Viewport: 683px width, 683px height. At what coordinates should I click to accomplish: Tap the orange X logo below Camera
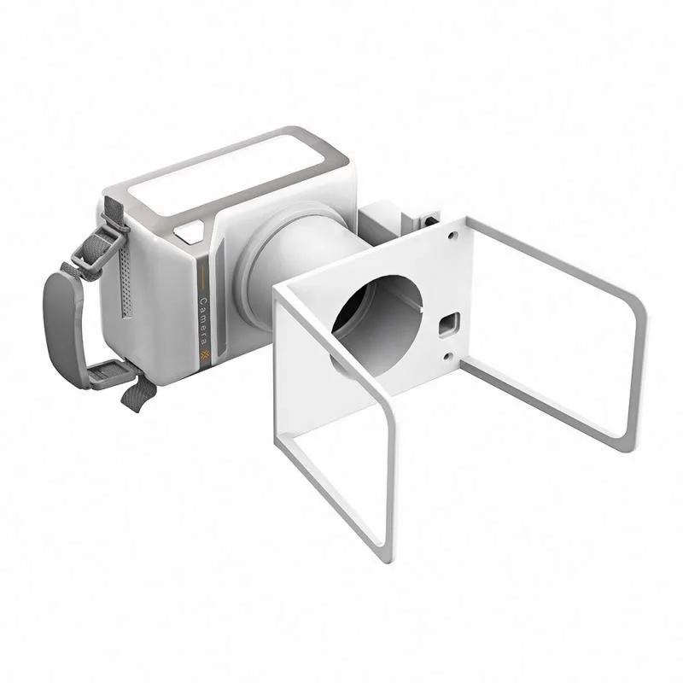pyautogui.click(x=203, y=356)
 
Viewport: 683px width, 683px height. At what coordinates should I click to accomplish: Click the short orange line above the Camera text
pyautogui.click(x=201, y=278)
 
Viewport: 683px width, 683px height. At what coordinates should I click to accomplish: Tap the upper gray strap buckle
pyautogui.click(x=94, y=247)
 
